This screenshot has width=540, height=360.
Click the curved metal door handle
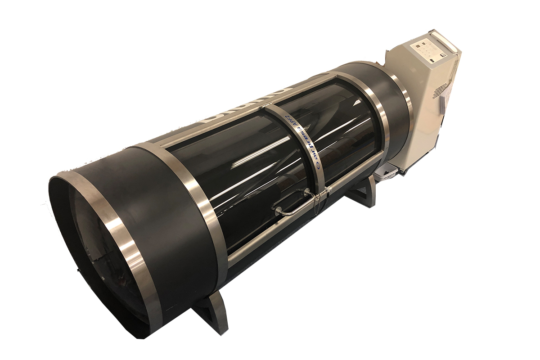[292, 204]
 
